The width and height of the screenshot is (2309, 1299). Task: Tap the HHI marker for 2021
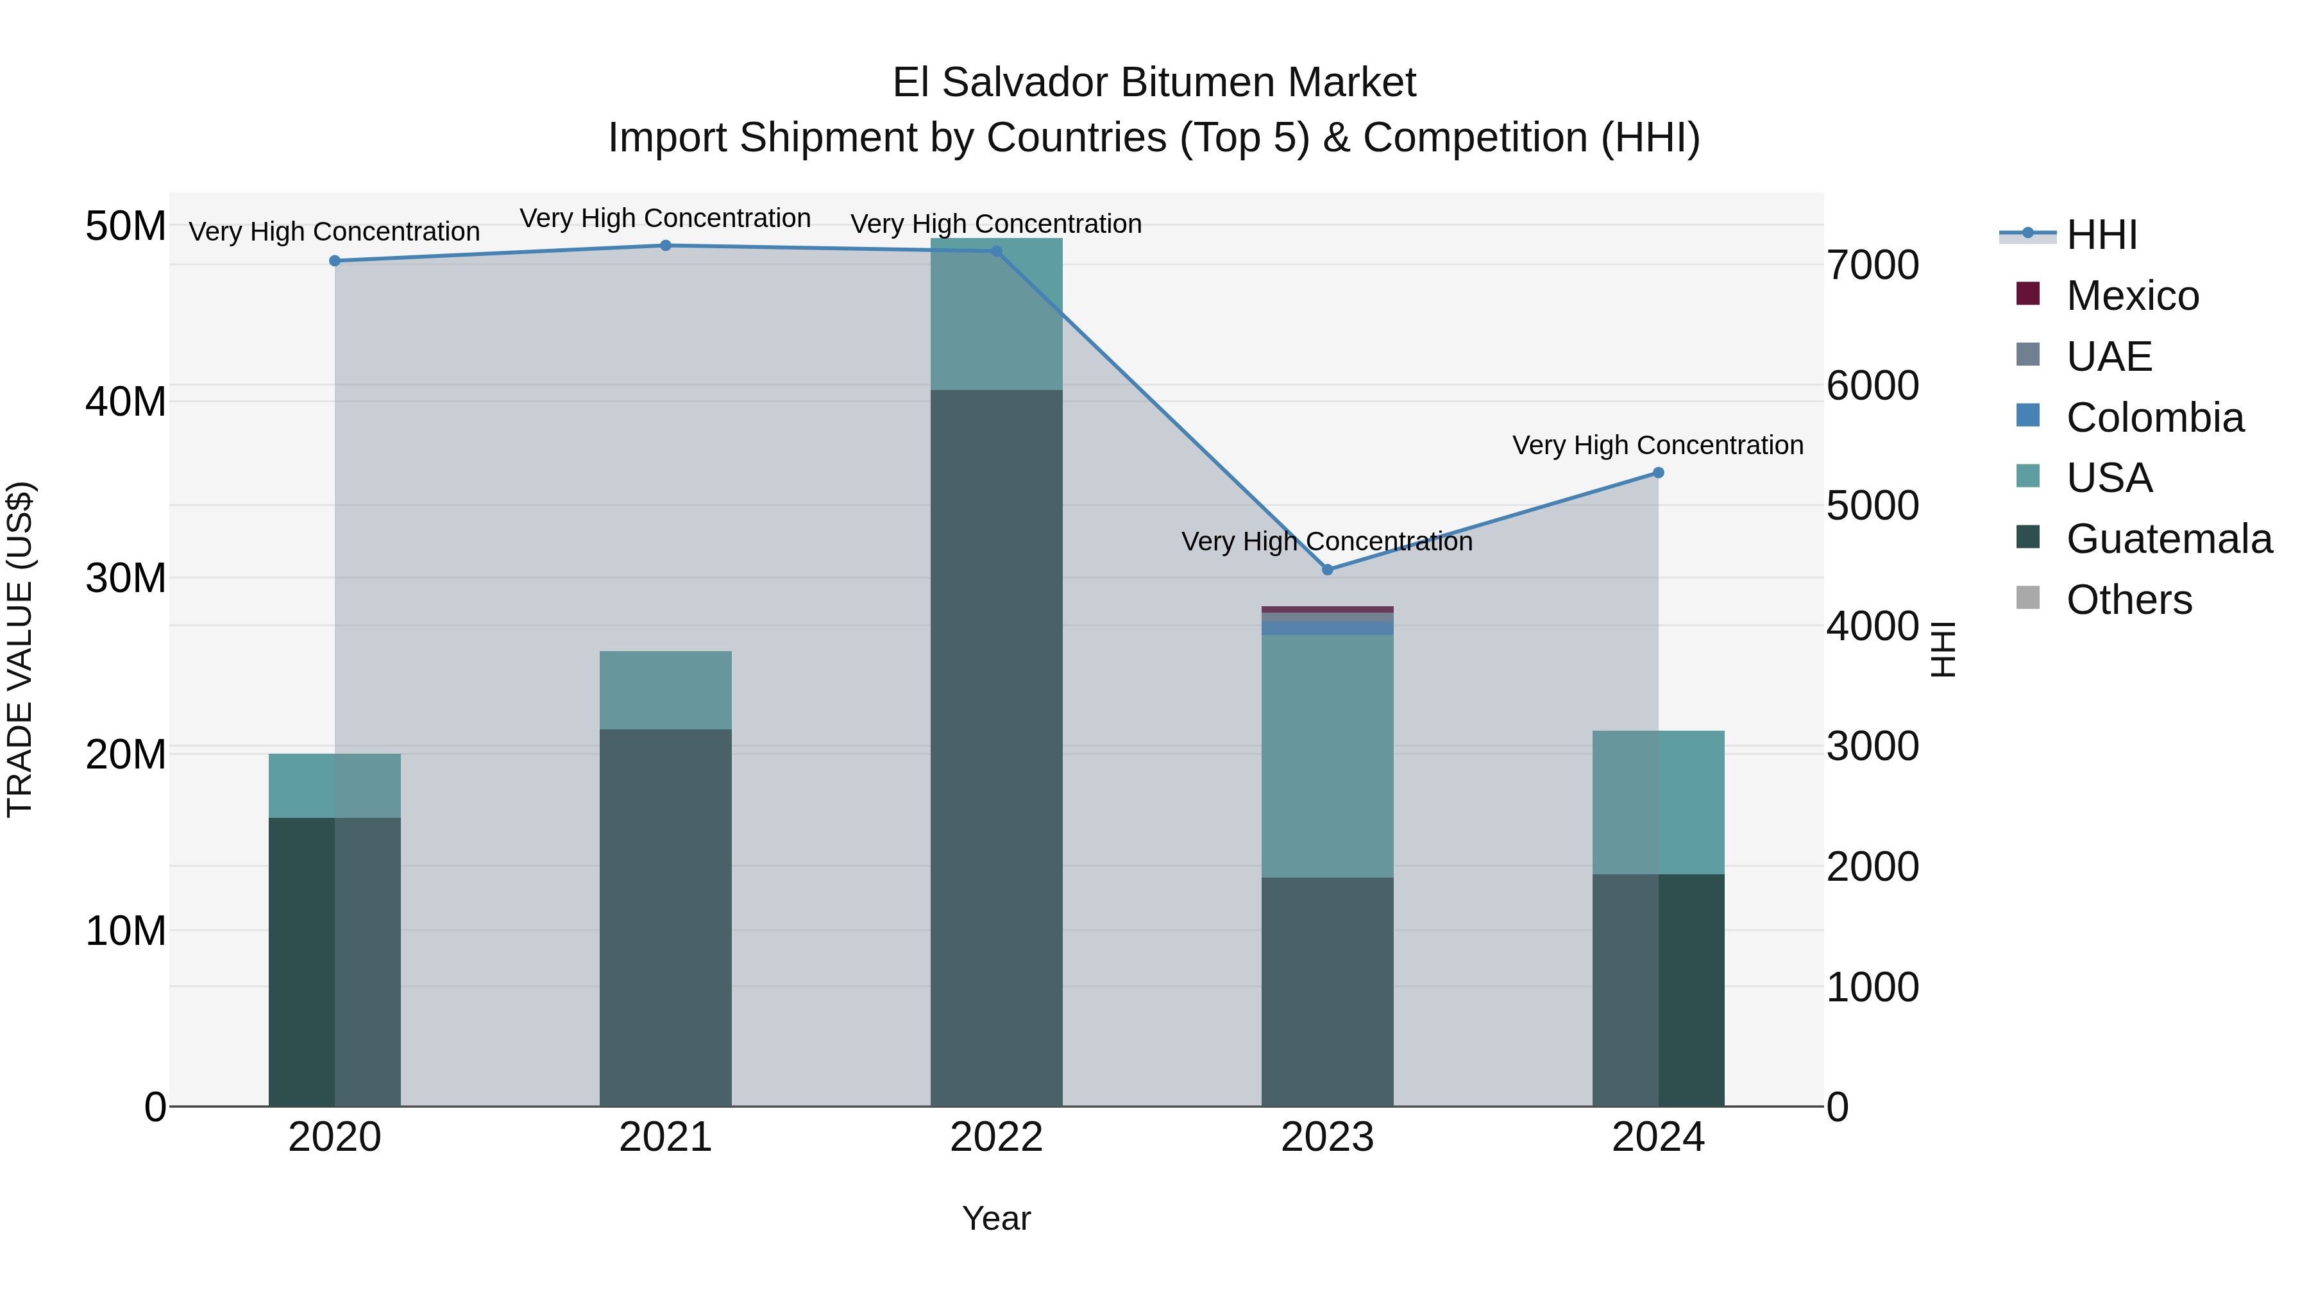click(665, 246)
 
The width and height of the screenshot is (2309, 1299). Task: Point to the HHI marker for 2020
click(334, 261)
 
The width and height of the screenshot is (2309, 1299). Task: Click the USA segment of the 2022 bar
click(996, 314)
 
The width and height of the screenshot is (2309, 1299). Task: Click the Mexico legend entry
click(2133, 296)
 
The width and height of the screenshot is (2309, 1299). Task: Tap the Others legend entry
click(2129, 600)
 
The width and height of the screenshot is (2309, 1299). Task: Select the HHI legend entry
click(2101, 235)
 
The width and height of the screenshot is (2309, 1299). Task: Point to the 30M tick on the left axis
click(126, 578)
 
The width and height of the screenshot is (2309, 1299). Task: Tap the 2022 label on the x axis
click(996, 1137)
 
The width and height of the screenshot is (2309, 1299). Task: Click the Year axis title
click(996, 1218)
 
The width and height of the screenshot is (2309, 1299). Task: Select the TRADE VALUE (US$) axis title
click(20, 649)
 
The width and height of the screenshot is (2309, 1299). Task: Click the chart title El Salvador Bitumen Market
click(1154, 83)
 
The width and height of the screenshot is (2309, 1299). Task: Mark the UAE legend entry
click(2109, 357)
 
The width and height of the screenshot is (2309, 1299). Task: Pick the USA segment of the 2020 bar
click(334, 785)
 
